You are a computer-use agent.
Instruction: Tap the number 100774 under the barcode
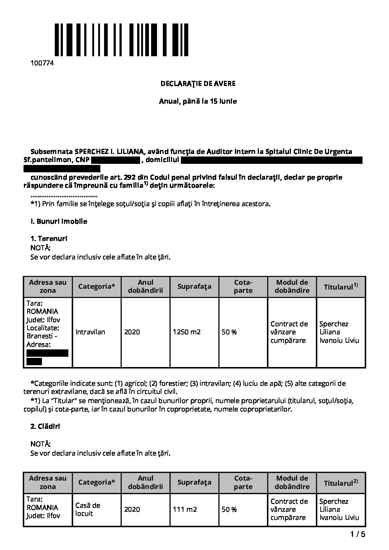[42, 63]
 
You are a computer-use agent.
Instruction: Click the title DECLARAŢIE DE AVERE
[198, 83]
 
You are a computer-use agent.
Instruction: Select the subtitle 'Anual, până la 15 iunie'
[198, 101]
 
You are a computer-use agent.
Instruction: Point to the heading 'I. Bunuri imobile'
[59, 222]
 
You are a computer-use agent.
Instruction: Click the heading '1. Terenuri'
[49, 239]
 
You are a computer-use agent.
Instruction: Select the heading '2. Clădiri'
[46, 427]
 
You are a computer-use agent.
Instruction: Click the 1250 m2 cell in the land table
[187, 332]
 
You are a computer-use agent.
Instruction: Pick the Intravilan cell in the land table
[90, 332]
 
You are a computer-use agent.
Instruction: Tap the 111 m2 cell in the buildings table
[185, 510]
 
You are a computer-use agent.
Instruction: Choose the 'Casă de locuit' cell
[88, 510]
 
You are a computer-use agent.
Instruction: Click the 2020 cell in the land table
[132, 332]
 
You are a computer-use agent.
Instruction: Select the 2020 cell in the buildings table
[132, 510]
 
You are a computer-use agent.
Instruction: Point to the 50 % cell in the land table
[229, 332]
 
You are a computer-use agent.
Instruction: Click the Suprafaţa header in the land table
[194, 287]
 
